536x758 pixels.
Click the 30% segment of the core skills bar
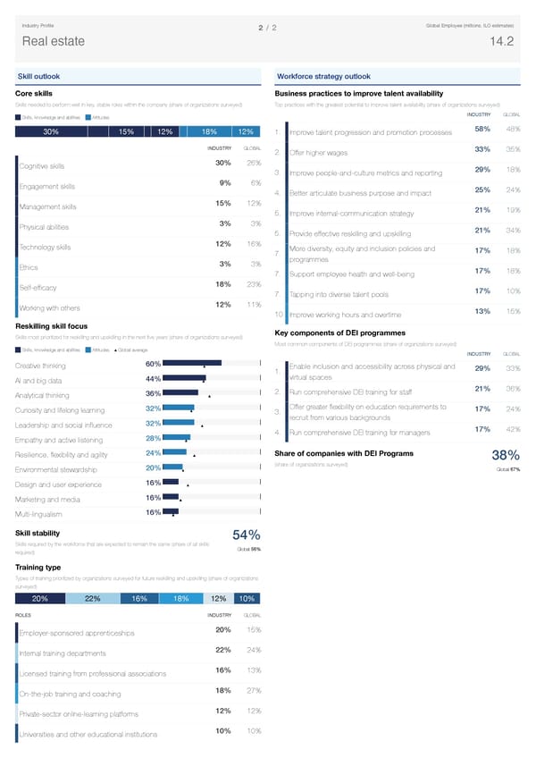51,132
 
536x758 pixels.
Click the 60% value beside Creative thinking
152,364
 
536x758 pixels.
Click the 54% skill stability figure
246,535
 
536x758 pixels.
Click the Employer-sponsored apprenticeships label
76,635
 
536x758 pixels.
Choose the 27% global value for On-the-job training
253,691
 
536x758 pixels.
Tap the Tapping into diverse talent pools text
339,295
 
